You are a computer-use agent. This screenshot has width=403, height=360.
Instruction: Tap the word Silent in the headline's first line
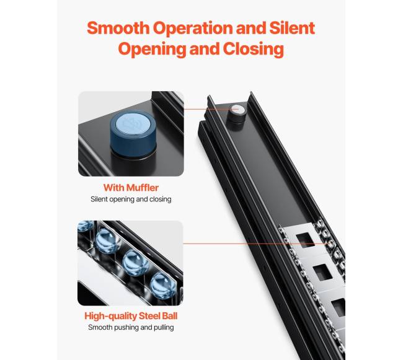tap(292, 28)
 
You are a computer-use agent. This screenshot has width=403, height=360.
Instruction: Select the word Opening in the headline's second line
tap(152, 49)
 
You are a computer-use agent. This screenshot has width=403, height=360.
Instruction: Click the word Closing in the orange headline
tap(254, 49)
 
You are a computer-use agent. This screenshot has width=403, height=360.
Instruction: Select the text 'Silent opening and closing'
tap(131, 200)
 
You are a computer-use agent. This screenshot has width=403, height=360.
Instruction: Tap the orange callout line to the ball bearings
tap(255, 244)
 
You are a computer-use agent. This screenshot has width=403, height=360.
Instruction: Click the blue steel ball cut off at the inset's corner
tap(86, 225)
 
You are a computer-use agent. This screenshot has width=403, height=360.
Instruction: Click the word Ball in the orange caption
tap(170, 316)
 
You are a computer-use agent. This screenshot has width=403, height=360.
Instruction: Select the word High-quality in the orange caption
tap(110, 317)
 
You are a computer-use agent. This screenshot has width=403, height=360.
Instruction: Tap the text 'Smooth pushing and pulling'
tap(131, 328)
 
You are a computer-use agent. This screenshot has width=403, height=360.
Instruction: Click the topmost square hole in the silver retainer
tap(306, 240)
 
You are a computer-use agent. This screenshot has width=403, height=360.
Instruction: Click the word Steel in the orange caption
tap(149, 316)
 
